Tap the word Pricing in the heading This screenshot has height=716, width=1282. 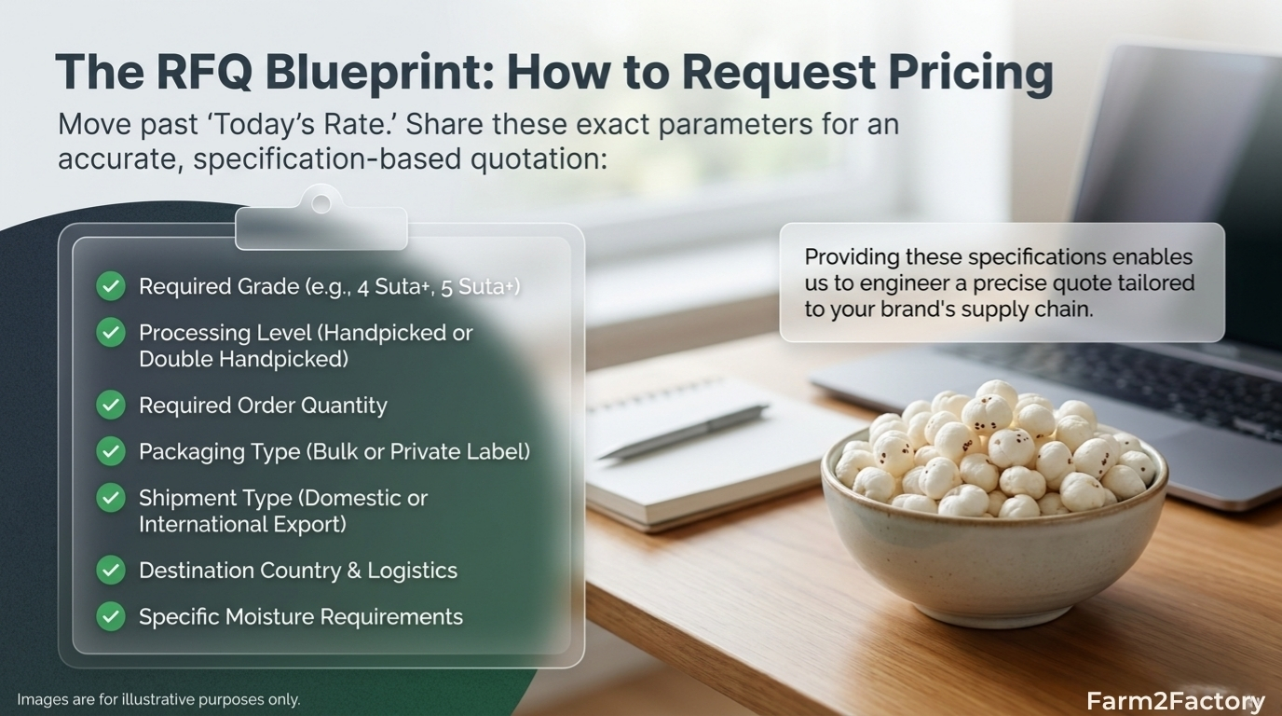(965, 72)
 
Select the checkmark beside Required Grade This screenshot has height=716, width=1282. (111, 286)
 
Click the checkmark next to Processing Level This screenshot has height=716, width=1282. (111, 332)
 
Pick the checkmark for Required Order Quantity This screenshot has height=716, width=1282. (111, 405)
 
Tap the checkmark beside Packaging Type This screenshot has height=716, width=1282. (111, 451)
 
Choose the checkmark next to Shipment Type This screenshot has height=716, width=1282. (111, 498)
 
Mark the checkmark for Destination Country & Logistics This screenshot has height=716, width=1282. (111, 570)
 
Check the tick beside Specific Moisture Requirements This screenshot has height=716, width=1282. (111, 616)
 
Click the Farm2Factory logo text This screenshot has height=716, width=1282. (1176, 701)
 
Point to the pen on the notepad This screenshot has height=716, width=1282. (683, 432)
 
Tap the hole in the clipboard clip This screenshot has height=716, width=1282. (321, 203)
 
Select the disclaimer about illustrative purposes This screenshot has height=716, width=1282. (158, 699)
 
